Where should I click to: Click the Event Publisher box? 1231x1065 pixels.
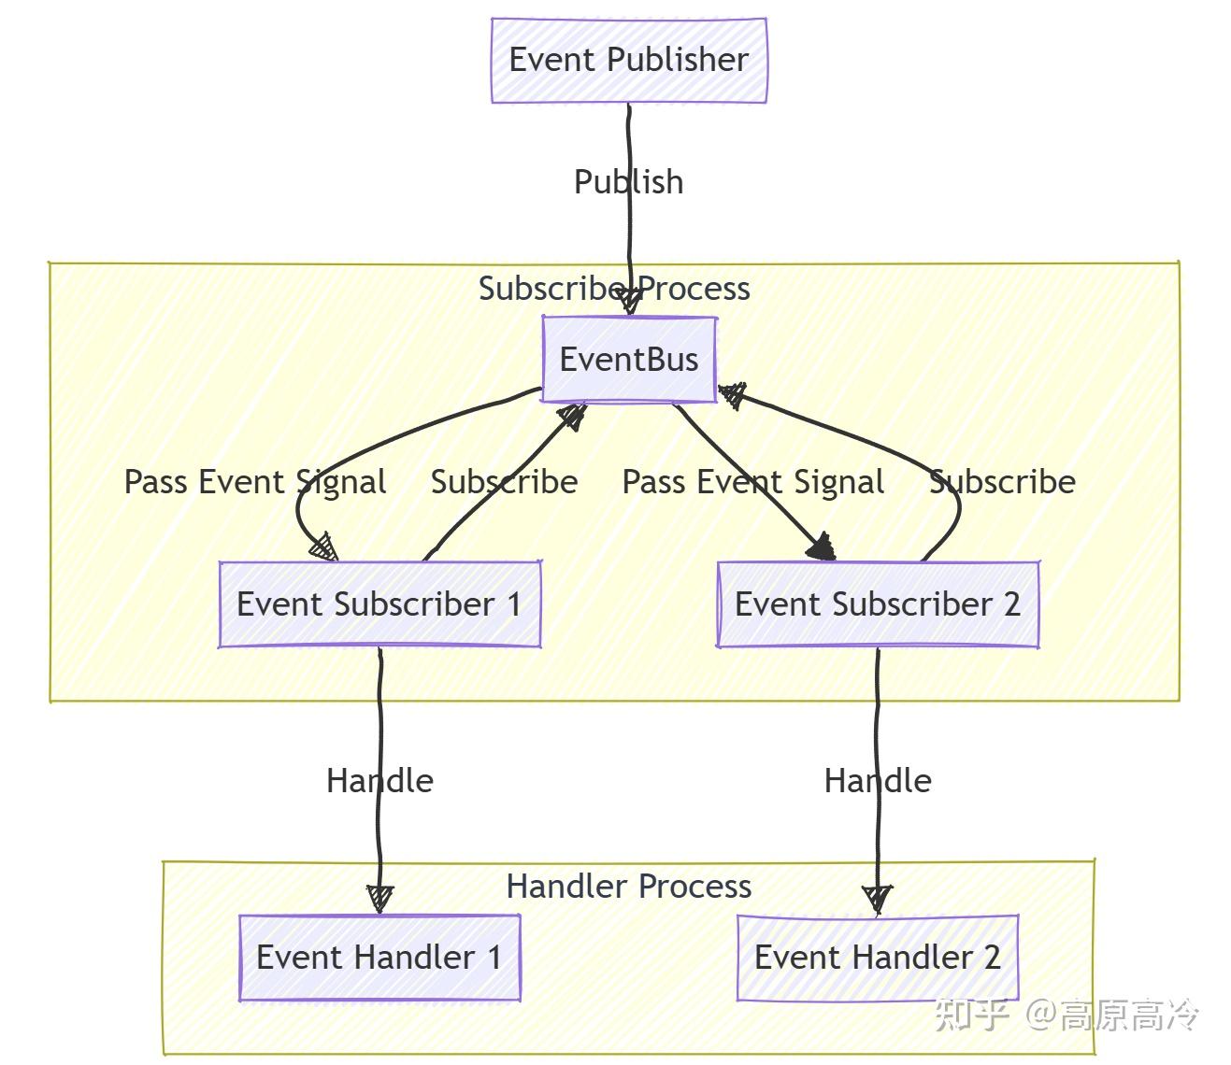(x=628, y=60)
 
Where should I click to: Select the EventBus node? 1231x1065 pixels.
(x=629, y=360)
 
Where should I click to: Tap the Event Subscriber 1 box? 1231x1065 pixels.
(x=379, y=604)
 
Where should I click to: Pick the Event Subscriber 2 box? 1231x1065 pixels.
(x=877, y=604)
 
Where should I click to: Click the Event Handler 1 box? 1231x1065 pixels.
(x=379, y=958)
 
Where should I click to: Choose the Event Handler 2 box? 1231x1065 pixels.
(x=877, y=958)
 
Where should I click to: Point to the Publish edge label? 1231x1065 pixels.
(x=628, y=182)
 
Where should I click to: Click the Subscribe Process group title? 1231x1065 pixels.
(x=614, y=289)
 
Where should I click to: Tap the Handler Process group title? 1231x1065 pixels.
(x=628, y=887)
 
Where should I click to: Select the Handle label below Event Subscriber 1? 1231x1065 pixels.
(x=379, y=781)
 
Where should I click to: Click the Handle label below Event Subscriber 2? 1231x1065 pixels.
(x=877, y=781)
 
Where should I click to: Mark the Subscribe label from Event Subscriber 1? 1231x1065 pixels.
(x=504, y=482)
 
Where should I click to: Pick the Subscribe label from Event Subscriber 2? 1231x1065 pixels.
(x=1002, y=482)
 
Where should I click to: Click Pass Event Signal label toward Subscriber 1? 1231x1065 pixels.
(x=255, y=482)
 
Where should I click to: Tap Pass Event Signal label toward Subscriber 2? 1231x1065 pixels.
(x=753, y=482)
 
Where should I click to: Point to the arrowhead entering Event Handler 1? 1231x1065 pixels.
(x=379, y=899)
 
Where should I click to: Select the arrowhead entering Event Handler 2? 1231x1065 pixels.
(x=877, y=899)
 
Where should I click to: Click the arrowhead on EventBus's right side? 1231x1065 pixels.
(x=732, y=396)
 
